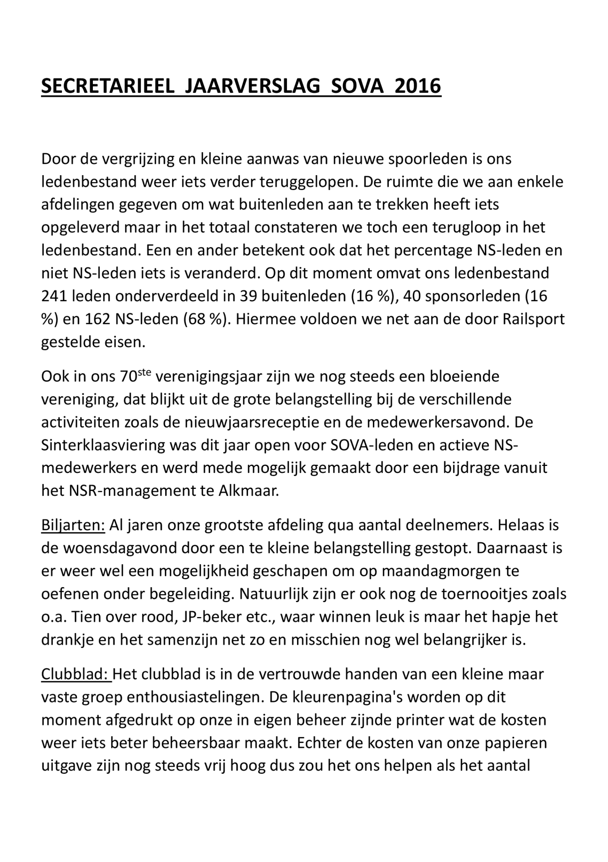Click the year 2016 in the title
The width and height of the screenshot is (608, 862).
pyautogui.click(x=417, y=86)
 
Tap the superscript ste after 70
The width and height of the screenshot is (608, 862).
pyautogui.click(x=143, y=372)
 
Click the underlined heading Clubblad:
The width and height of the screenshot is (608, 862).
pyautogui.click(x=75, y=674)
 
